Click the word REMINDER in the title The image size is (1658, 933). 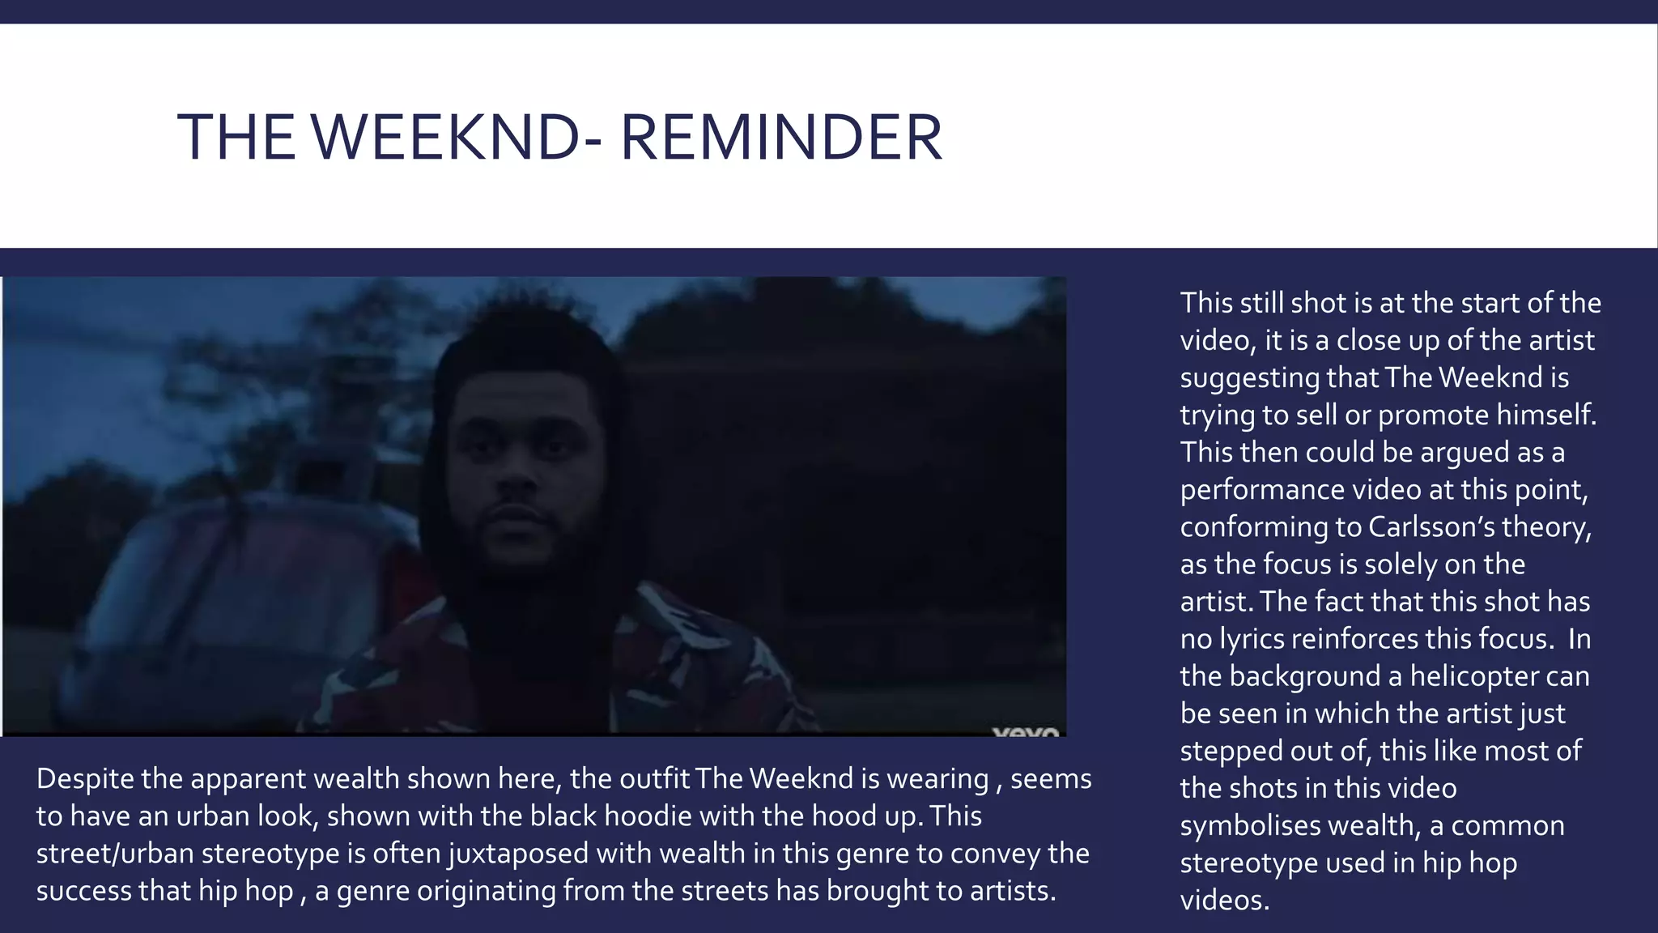(781, 137)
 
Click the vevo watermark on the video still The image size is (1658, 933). (1025, 731)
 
